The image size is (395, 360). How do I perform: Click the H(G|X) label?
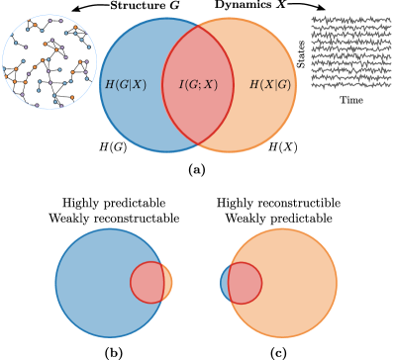click(x=126, y=85)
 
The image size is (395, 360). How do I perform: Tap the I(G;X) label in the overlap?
click(x=198, y=85)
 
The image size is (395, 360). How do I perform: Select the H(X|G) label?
click(x=269, y=85)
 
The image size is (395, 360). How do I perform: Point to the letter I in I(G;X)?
click(x=181, y=85)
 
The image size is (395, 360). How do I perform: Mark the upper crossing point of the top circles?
click(x=198, y=26)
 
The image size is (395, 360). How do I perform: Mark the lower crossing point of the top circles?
click(x=198, y=144)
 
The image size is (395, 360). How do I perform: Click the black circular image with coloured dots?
click(x=49, y=61)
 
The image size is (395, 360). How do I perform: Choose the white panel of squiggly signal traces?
click(x=350, y=52)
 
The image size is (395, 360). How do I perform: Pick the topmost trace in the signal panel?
click(x=350, y=19)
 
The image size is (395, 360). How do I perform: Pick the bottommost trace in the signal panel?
click(x=350, y=85)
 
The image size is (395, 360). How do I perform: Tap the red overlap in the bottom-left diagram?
click(x=148, y=283)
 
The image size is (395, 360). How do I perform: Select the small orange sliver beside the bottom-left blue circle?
click(x=168, y=283)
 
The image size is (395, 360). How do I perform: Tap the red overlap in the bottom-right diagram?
click(x=245, y=283)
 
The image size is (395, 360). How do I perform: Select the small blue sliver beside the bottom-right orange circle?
click(x=224, y=283)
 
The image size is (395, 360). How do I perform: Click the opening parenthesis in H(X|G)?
click(x=260, y=85)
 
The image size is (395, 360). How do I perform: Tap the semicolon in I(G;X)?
click(x=201, y=85)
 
